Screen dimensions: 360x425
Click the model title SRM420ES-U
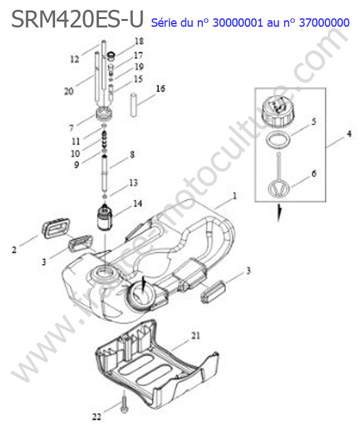pyautogui.click(x=77, y=19)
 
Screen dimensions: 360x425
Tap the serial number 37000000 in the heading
pyautogui.click(x=324, y=23)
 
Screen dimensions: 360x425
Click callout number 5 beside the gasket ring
pyautogui.click(x=314, y=121)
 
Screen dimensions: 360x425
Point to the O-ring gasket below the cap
pyautogui.click(x=279, y=141)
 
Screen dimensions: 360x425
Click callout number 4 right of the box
pyautogui.click(x=349, y=133)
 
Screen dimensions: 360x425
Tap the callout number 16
pyautogui.click(x=160, y=88)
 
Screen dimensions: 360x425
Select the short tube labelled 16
pyautogui.click(x=134, y=105)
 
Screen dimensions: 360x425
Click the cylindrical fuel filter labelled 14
pyautogui.click(x=105, y=217)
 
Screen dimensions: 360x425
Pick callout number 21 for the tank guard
pyautogui.click(x=196, y=335)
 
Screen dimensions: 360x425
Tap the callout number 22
pyautogui.click(x=97, y=416)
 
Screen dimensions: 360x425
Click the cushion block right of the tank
pyautogui.click(x=213, y=292)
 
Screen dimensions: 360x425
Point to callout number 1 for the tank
pyautogui.click(x=235, y=195)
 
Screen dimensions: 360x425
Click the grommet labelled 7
pyautogui.click(x=104, y=115)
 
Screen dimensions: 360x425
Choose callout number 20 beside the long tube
pyautogui.click(x=69, y=92)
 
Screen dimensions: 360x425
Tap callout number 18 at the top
pyautogui.click(x=139, y=41)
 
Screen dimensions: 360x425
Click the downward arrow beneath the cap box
pyautogui.click(x=279, y=213)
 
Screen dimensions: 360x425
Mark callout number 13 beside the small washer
pyautogui.click(x=134, y=182)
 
